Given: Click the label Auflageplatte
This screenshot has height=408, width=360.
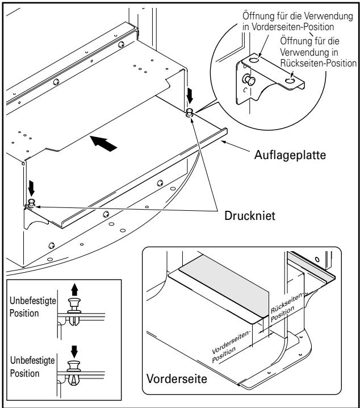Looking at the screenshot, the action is (x=290, y=155).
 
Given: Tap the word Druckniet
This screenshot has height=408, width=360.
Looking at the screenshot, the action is (x=249, y=216).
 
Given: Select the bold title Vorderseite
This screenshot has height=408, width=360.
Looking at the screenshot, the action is (x=177, y=378).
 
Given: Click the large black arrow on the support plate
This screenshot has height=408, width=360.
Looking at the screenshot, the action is (x=103, y=143).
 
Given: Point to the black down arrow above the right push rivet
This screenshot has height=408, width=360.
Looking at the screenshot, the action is (x=190, y=95).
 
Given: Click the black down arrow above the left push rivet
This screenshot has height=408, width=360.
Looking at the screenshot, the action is (x=31, y=189).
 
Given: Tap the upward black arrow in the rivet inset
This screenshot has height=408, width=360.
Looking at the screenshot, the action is (x=74, y=290).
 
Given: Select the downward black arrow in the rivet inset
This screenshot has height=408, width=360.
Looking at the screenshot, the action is (x=74, y=352).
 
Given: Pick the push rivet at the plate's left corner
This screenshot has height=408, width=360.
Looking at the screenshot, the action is (x=31, y=202).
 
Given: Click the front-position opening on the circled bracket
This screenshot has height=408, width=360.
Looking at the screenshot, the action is (x=254, y=60).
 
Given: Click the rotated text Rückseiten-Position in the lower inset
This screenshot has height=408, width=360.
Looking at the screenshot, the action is (x=286, y=307).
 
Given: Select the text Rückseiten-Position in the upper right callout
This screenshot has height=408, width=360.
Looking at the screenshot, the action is (x=318, y=63).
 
